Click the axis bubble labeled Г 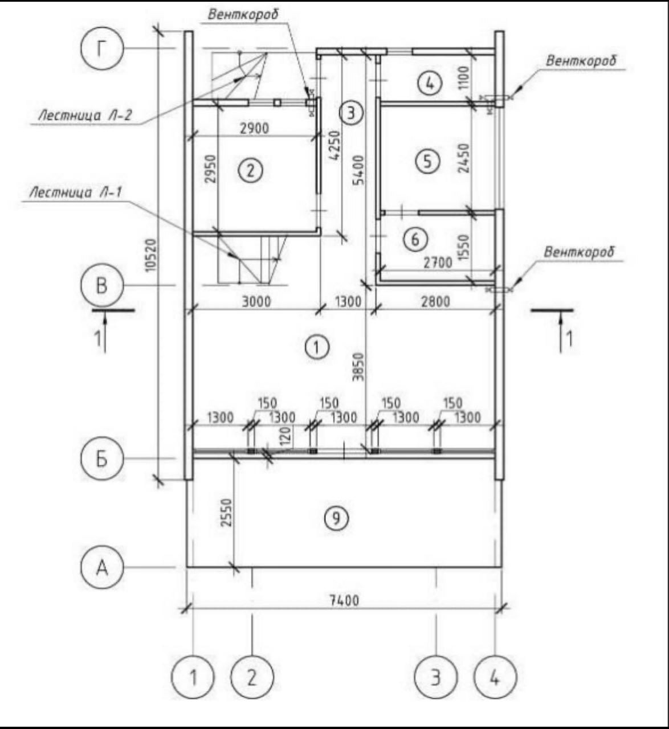(101, 50)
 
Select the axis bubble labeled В (101, 285)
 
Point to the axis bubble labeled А (101, 567)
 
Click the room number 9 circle (336, 518)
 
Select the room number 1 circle (317, 346)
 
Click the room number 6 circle (415, 239)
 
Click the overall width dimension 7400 (344, 600)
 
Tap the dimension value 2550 (226, 513)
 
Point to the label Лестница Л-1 (76, 193)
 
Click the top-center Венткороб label (243, 14)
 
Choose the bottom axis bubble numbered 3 (436, 677)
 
